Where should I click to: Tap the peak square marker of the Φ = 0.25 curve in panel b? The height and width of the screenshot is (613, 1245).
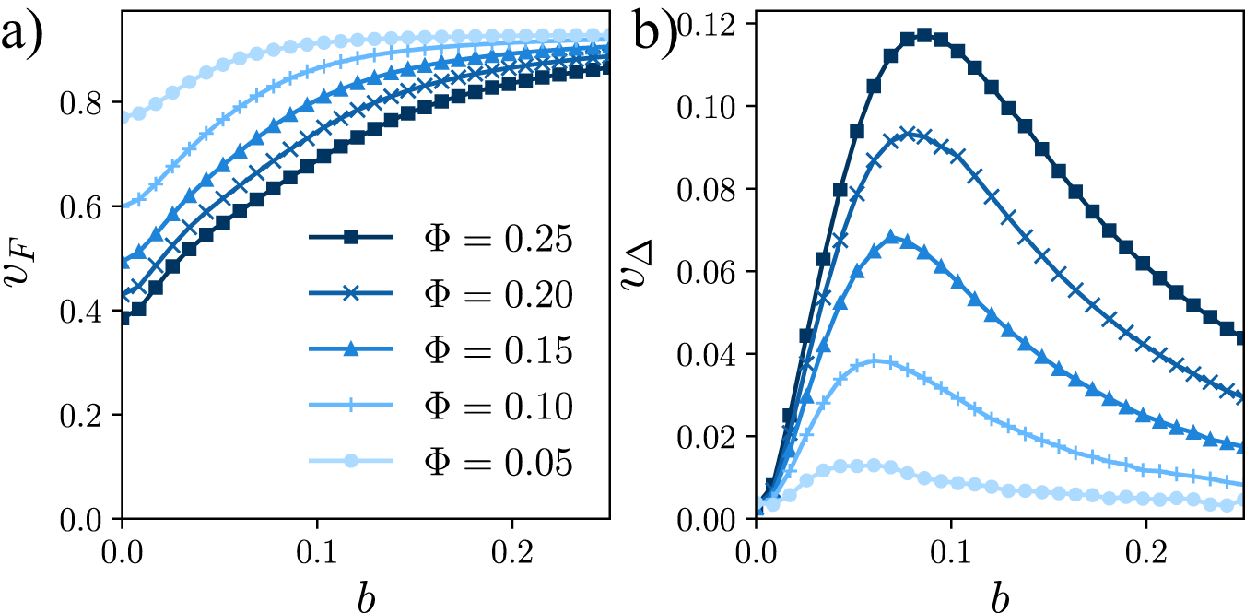click(923, 35)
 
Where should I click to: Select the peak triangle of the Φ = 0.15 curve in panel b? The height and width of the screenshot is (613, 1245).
click(891, 238)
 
